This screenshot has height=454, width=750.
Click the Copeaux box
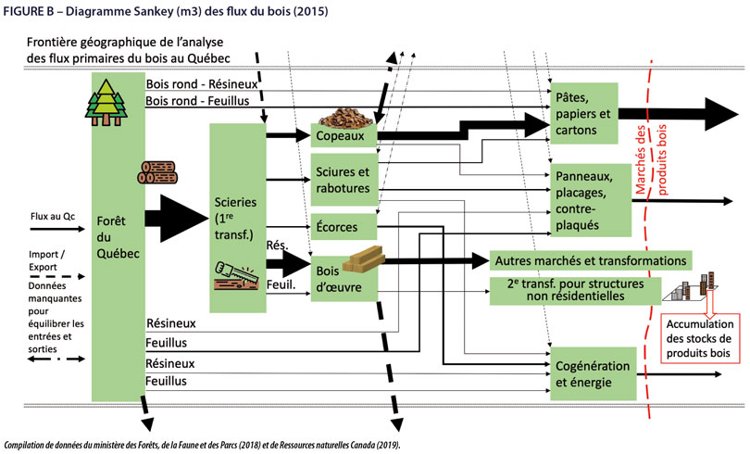point(344,135)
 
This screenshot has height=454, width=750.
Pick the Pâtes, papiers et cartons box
point(582,114)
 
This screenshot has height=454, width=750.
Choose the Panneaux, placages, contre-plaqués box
point(582,199)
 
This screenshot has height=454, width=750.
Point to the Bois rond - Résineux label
point(201,83)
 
